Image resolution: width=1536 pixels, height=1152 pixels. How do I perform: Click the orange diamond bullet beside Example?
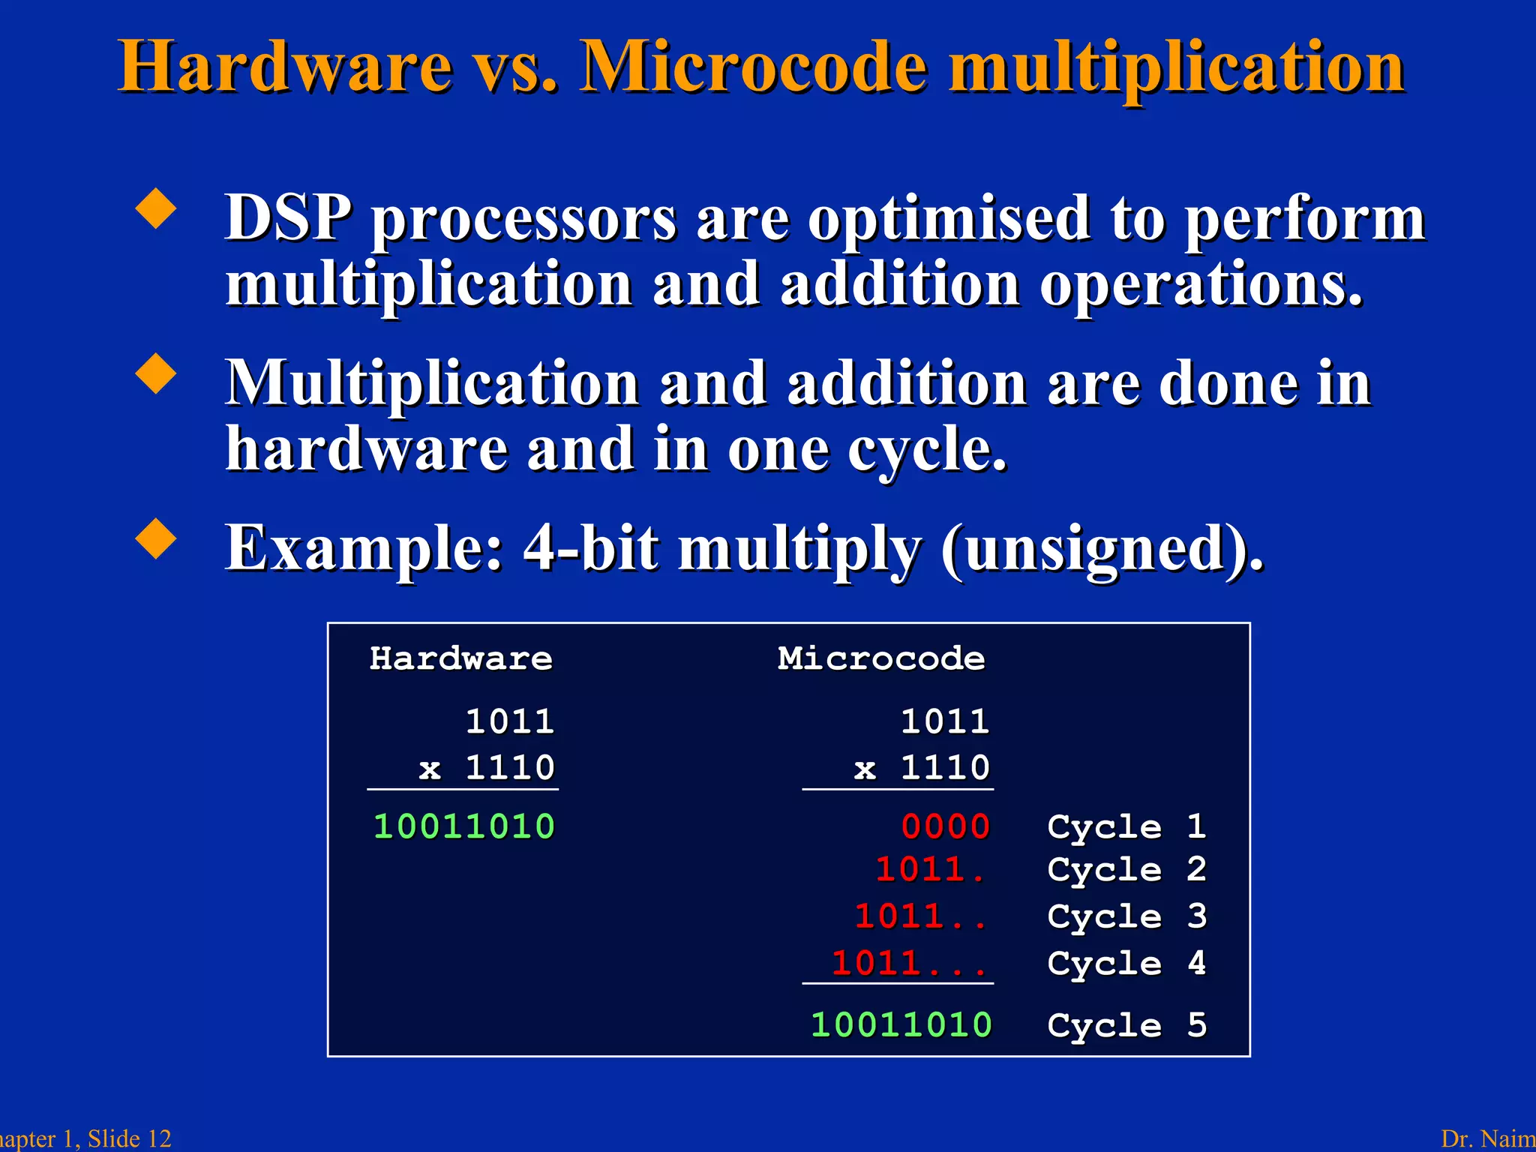[156, 538]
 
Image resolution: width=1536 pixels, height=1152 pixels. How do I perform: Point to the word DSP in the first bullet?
[288, 218]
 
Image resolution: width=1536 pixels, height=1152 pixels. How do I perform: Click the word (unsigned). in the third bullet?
[1102, 549]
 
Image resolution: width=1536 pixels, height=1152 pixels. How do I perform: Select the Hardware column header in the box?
[461, 658]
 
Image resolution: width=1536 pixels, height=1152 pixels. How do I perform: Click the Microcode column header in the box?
[881, 658]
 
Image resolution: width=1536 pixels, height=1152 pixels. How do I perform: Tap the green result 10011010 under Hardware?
[464, 826]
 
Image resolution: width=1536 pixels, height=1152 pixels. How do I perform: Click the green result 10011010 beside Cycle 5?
[901, 1025]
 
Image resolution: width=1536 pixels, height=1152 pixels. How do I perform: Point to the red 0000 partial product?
[946, 826]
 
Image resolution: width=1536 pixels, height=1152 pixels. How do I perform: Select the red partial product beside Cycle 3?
[919, 916]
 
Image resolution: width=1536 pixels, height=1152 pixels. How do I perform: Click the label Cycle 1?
[1126, 826]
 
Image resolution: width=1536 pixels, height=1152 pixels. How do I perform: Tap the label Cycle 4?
[1126, 964]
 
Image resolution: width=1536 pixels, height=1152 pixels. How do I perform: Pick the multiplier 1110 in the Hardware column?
[510, 767]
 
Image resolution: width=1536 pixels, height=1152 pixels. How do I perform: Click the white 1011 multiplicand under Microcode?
[945, 721]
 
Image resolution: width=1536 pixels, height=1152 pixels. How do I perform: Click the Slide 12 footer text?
[129, 1138]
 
